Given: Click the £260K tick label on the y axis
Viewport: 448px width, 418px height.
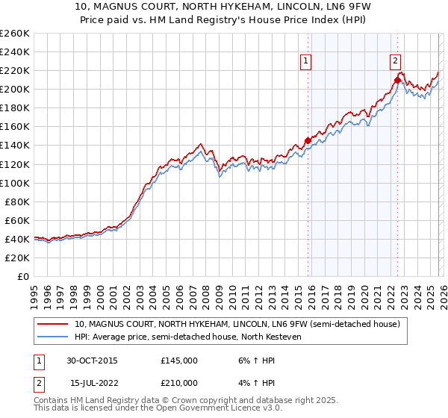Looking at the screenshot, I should click(x=15, y=33).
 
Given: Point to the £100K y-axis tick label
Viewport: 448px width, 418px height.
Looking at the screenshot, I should click(x=15, y=183).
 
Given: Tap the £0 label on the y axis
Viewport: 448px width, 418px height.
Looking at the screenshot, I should click(x=22, y=276).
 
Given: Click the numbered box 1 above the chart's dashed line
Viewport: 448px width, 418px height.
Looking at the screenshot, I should click(x=307, y=63).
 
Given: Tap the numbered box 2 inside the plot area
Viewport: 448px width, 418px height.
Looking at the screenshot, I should click(x=395, y=63).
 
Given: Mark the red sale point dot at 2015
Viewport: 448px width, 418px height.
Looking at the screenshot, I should click(x=308, y=140).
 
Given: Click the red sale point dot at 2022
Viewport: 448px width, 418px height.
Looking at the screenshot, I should click(x=396, y=80).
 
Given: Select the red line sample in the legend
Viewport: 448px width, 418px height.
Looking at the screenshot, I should click(x=54, y=325).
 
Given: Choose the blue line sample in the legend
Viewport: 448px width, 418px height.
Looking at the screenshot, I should click(x=54, y=337).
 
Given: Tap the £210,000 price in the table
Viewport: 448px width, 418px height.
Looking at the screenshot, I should click(x=179, y=382).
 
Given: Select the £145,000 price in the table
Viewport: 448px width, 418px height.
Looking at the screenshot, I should click(x=179, y=361).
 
